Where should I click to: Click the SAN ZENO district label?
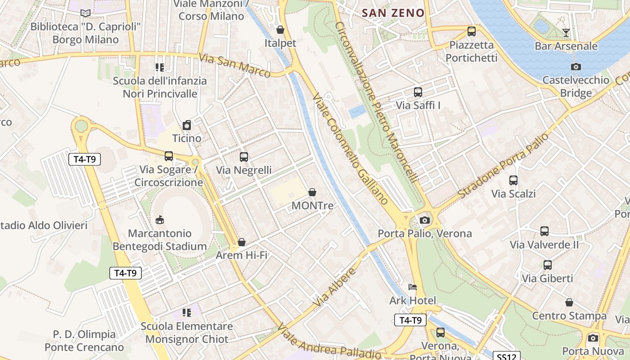pos(393,13)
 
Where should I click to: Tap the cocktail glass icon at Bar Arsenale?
pos(566,33)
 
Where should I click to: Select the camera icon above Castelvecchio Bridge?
pos(576,67)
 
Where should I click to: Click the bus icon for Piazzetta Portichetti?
pos(472,31)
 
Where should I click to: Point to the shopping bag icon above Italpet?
pos(280,30)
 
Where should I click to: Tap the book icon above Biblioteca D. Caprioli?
pos(85,13)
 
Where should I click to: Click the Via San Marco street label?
pos(234,66)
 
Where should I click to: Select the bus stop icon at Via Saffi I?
pos(418,92)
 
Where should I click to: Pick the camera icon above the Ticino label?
pos(187,125)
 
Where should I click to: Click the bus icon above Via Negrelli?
pos(244,157)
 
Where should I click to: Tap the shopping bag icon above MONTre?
pos(312,193)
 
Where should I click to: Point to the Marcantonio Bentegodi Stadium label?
pos(160,240)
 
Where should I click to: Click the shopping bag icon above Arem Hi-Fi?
pos(242,242)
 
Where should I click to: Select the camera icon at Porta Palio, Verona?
pos(424,220)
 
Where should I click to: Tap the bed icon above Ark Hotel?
pos(413,287)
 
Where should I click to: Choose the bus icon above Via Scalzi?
pos(513,180)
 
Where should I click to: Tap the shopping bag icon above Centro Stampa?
pos(569,302)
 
